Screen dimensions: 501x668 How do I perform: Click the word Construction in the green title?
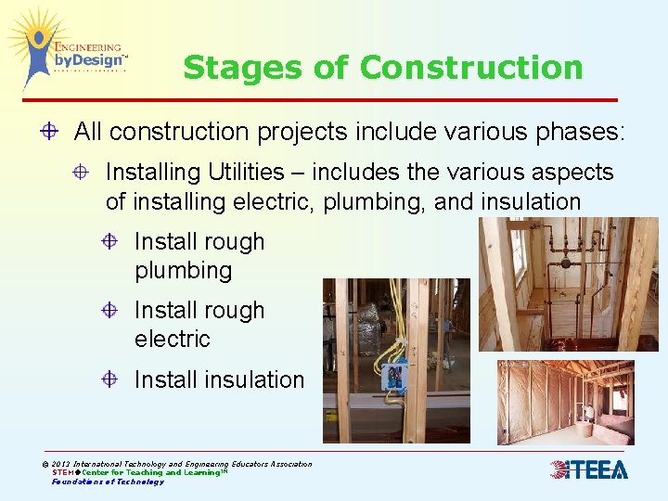471,68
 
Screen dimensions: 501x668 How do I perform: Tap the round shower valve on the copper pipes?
564,263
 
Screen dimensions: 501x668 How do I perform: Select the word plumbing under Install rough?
183,271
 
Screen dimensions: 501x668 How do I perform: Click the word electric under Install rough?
172,340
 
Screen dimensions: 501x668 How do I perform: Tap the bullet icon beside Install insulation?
110,379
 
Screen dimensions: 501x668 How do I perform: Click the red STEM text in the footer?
64,472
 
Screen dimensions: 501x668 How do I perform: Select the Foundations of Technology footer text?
108,482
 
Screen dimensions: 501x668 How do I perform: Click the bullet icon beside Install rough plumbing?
110,242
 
